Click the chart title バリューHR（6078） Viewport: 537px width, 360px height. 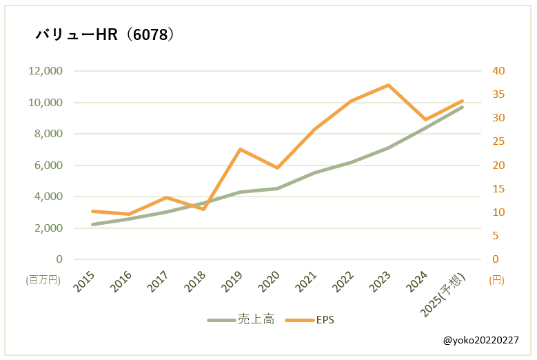103,34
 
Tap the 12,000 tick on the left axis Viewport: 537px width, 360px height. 45,71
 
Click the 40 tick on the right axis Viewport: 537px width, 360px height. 498,71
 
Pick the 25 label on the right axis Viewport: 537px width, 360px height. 498,142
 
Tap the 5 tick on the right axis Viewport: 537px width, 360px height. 496,236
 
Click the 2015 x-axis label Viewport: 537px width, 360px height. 84,283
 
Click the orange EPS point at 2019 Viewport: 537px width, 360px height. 240,149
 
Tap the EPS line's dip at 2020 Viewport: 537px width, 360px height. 277,168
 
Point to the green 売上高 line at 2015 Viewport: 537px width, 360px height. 92,224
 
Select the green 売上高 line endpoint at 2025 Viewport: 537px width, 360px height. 463,107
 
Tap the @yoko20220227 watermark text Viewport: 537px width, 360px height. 481,341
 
